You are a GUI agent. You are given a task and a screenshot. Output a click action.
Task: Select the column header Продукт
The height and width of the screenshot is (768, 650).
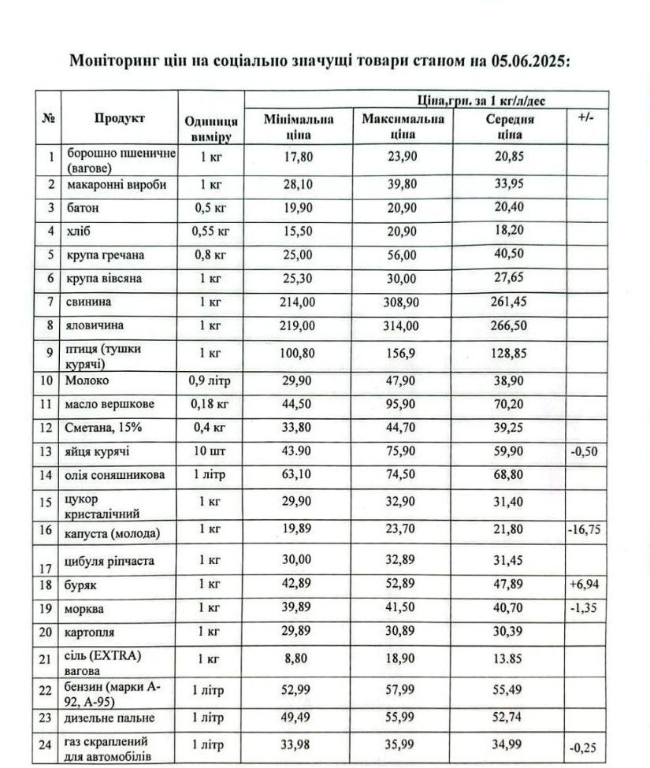point(120,118)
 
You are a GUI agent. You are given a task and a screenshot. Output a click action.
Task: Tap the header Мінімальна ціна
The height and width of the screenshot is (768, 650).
point(299,126)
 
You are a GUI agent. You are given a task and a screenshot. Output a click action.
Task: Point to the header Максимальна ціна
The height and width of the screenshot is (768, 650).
point(403,126)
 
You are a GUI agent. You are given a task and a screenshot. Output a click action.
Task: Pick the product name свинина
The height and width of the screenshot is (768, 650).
point(89,302)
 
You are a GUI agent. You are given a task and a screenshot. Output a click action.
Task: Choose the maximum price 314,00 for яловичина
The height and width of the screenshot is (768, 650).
point(403,324)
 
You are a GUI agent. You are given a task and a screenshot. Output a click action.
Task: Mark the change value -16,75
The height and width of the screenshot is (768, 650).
point(585,529)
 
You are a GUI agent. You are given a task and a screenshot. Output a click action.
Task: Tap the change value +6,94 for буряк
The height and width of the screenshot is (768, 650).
point(585,587)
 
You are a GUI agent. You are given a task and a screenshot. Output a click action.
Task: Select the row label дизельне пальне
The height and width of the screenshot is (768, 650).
point(110,718)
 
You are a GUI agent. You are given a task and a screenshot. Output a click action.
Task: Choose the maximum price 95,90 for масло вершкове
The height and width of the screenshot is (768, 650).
point(403,404)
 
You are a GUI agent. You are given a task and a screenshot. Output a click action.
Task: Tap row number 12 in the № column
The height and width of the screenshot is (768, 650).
point(50,428)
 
